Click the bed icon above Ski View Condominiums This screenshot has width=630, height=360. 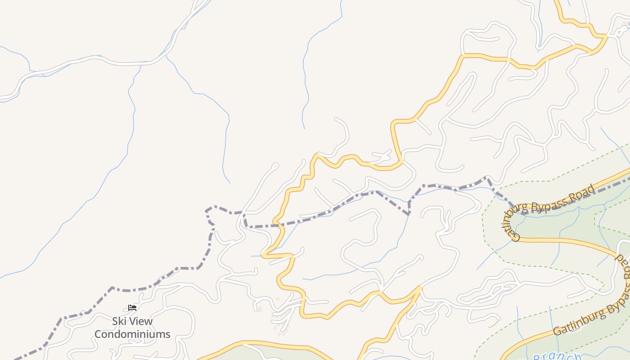(132, 308)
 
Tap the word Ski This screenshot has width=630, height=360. (120, 321)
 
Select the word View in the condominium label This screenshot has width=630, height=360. (141, 321)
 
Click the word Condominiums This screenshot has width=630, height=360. (132, 334)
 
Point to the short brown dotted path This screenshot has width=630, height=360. (494, 323)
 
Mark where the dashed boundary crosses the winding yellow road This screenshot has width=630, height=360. (279, 223)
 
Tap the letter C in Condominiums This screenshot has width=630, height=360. (98, 334)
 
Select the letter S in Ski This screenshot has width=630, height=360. (115, 321)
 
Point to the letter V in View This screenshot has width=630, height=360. (133, 321)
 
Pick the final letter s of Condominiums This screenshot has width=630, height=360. (168, 334)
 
